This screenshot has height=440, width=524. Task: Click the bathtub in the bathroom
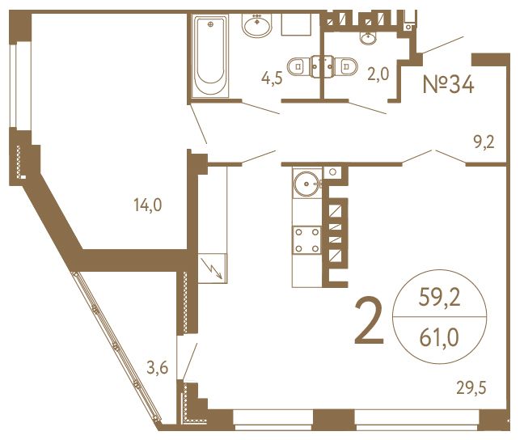(x=210, y=56)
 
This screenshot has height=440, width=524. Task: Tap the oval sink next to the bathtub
(x=257, y=25)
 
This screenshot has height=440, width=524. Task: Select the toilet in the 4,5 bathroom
(x=299, y=66)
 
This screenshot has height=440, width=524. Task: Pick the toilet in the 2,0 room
(x=345, y=66)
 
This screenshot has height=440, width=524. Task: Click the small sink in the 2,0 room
(x=368, y=38)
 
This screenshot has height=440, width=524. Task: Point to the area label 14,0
(x=148, y=205)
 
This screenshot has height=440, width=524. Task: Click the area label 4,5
(x=272, y=78)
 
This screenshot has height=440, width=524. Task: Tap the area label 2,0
(x=378, y=74)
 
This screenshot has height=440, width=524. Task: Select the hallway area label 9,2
(x=484, y=142)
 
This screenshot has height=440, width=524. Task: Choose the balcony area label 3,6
(x=158, y=368)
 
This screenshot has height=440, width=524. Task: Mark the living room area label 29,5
(x=471, y=388)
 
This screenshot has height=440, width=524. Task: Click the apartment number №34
(x=449, y=84)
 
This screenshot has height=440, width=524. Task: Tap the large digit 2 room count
(x=370, y=321)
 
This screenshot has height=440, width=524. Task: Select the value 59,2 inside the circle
(x=440, y=297)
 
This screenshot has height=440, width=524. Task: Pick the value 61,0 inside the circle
(x=439, y=338)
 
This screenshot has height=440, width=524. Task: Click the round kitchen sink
(x=306, y=184)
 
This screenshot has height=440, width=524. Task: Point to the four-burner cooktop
(x=306, y=240)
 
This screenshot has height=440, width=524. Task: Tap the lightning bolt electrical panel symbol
(x=213, y=269)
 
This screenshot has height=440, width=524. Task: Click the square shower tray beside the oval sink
(x=296, y=24)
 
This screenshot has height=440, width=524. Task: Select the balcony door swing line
(x=190, y=361)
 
